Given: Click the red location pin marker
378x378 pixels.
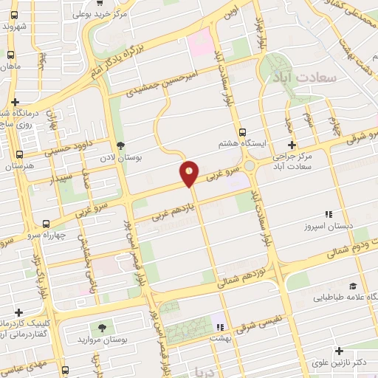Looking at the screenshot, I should pyautogui.click(x=189, y=173).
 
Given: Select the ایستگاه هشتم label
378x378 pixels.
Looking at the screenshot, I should pyautogui.click(x=238, y=143).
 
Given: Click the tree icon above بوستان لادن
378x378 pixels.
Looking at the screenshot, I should pyautogui.click(x=121, y=146).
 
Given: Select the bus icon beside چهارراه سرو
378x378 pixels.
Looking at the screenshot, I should pyautogui.click(x=47, y=224).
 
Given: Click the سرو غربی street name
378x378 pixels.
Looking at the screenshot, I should pyautogui.click(x=224, y=175).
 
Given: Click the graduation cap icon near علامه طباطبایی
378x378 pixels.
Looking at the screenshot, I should pyautogui.click(x=352, y=286).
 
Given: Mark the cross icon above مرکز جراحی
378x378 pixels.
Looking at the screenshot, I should pyautogui.click(x=292, y=145).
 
